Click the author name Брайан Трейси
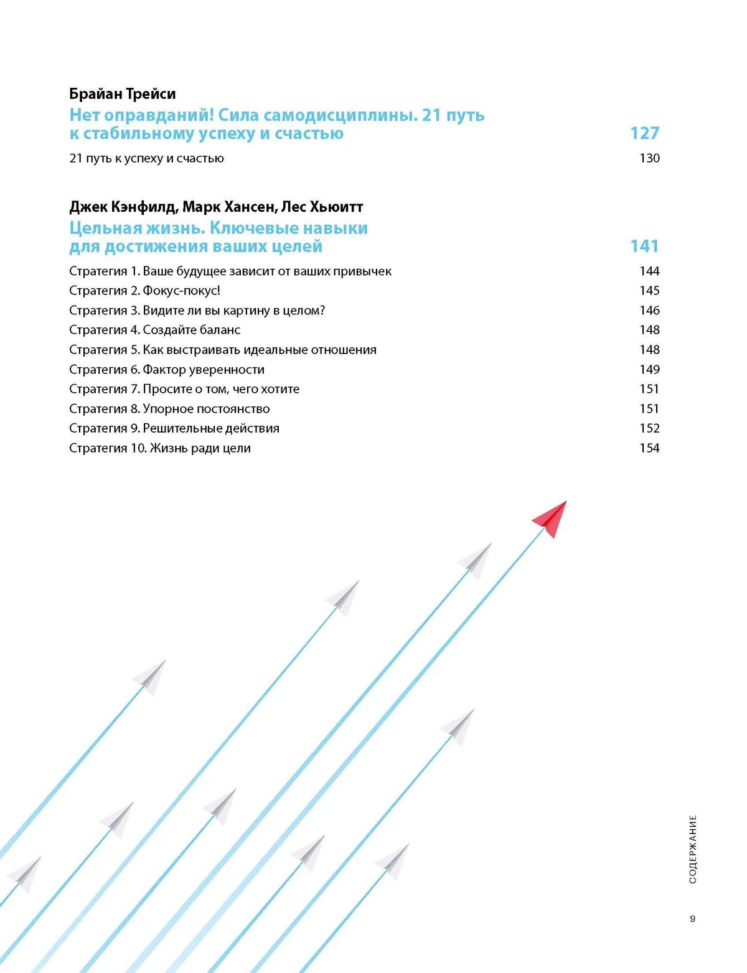(122, 94)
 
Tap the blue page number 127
(644, 133)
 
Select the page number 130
(649, 158)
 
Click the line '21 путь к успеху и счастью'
(146, 158)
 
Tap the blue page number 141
(644, 246)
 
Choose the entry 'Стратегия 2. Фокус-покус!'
(144, 291)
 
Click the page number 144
(649, 271)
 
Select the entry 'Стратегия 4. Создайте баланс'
(154, 330)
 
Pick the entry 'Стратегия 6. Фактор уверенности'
(166, 370)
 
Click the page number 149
(649, 369)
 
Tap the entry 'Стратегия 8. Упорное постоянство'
(169, 409)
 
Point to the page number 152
(649, 428)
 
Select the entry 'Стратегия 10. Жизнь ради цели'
(159, 448)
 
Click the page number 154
(649, 448)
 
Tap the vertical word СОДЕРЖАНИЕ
(693, 849)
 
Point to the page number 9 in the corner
(693, 919)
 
